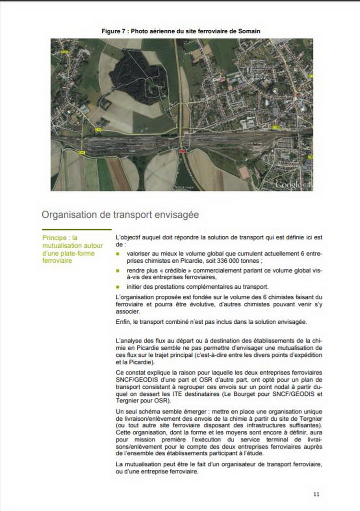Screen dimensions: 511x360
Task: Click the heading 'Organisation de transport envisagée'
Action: [x=120, y=214]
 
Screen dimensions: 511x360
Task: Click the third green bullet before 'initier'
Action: [x=118, y=287]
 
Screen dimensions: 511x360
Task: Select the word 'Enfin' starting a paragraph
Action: [x=123, y=321]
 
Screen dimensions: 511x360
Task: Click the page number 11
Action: [x=316, y=494]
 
